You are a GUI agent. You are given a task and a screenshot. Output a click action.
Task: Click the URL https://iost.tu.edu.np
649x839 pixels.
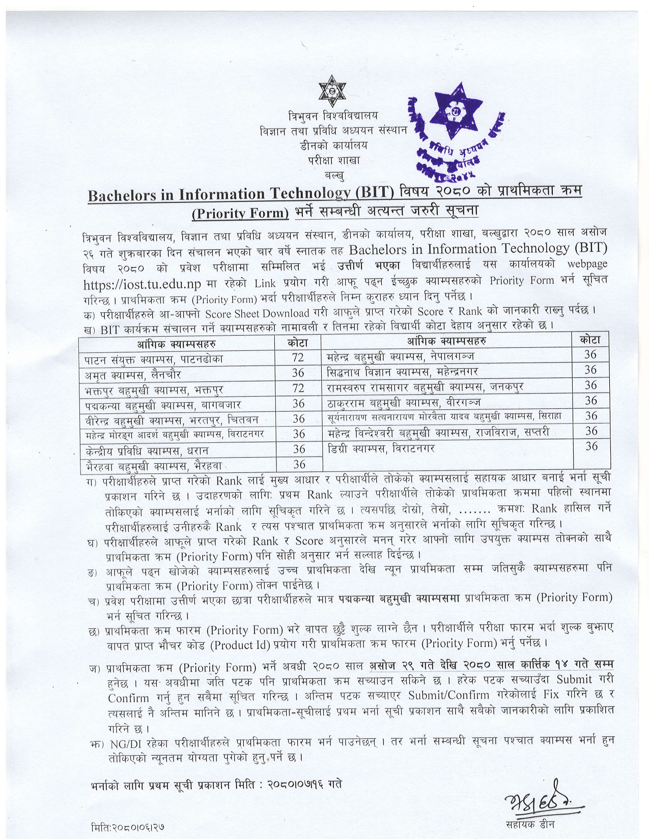pyautogui.click(x=142, y=283)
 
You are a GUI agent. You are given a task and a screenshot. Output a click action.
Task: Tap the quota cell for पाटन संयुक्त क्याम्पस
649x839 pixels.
pyautogui.click(x=298, y=357)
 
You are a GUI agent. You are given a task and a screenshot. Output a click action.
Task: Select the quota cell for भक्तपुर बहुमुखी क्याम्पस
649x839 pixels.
pyautogui.click(x=298, y=388)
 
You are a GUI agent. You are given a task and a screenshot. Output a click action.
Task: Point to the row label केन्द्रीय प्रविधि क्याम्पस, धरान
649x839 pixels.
pyautogui.click(x=147, y=451)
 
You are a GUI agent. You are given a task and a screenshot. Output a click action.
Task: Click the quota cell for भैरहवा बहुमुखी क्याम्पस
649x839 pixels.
pyautogui.click(x=299, y=464)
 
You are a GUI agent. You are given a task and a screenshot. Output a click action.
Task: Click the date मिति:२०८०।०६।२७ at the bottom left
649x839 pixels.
pyautogui.click(x=128, y=827)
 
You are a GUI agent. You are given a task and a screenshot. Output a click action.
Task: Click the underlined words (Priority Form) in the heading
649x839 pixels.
pyautogui.click(x=240, y=213)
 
